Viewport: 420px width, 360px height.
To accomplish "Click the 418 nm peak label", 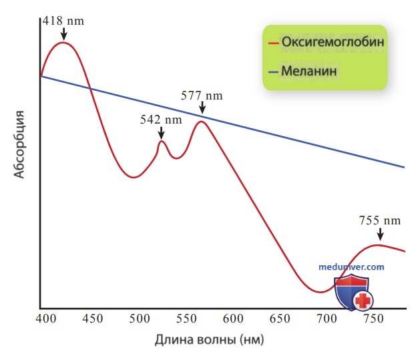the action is pyautogui.click(x=63, y=21).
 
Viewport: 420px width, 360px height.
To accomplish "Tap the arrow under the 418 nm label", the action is pyautogui.click(x=63, y=34).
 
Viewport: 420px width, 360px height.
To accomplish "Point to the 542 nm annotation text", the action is pyautogui.click(x=161, y=120).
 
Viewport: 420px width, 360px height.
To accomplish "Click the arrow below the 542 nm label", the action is pyautogui.click(x=161, y=133).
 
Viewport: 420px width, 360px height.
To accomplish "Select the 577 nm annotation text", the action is pyautogui.click(x=202, y=96).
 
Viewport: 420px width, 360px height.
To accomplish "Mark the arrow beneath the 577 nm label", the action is pyautogui.click(x=202, y=108).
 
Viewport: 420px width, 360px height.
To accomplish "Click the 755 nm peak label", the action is pyautogui.click(x=380, y=220).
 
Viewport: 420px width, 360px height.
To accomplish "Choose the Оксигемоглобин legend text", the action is pyautogui.click(x=333, y=42).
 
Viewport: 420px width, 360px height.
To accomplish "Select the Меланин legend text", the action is pyautogui.click(x=309, y=71).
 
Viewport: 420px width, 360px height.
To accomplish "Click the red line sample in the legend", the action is pyautogui.click(x=274, y=43).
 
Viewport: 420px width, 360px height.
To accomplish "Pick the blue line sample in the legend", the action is pyautogui.click(x=274, y=71).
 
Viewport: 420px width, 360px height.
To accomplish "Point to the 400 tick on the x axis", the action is pyautogui.click(x=46, y=319).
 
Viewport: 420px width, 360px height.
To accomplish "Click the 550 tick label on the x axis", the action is pyautogui.click(x=186, y=319).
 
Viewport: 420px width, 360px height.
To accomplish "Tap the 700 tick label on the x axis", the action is pyautogui.click(x=327, y=319).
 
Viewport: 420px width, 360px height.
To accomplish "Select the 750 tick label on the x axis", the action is pyautogui.click(x=373, y=319).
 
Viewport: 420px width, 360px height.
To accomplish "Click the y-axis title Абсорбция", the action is pyautogui.click(x=19, y=145).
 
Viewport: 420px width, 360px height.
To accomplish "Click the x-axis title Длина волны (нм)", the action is pyautogui.click(x=209, y=340).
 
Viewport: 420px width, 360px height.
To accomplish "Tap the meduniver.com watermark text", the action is pyautogui.click(x=351, y=266).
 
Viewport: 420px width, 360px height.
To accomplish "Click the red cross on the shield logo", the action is pyautogui.click(x=363, y=301).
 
